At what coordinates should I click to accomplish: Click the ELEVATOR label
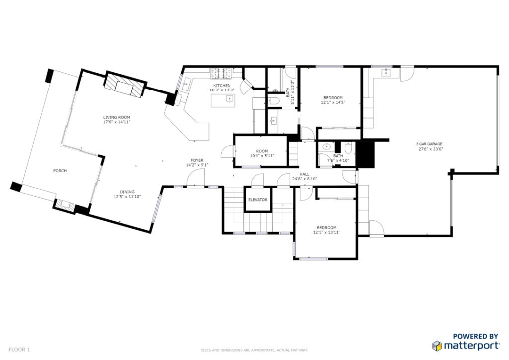(258, 199)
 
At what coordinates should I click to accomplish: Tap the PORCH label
(60, 171)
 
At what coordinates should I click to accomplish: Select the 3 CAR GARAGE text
(429, 144)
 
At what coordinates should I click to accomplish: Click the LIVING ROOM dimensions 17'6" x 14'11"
(116, 122)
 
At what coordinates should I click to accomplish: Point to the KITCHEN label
(222, 86)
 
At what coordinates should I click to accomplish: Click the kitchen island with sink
(223, 100)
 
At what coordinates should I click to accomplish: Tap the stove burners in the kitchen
(221, 74)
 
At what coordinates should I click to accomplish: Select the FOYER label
(197, 160)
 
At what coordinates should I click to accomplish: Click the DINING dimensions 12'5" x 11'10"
(127, 197)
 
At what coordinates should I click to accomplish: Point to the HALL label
(305, 174)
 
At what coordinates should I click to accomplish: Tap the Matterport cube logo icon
(437, 346)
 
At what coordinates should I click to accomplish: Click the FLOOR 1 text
(19, 350)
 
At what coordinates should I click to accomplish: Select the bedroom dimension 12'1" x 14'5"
(333, 102)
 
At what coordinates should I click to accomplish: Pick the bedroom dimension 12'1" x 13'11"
(327, 232)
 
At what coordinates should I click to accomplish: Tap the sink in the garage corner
(386, 72)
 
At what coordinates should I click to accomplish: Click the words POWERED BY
(476, 336)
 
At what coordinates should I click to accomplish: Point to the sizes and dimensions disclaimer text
(254, 350)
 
